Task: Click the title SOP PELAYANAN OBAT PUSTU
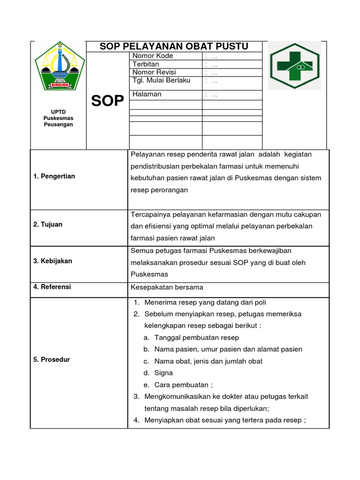click(x=174, y=46)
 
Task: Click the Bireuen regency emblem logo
click(x=58, y=66)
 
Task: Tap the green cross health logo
click(x=294, y=66)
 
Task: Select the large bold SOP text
click(x=107, y=101)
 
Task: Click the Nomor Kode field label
click(x=153, y=56)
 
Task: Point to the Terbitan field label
click(x=146, y=64)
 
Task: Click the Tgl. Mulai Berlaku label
click(x=161, y=81)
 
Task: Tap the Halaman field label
click(x=147, y=94)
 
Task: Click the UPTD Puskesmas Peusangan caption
click(x=58, y=119)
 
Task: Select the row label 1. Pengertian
click(x=54, y=176)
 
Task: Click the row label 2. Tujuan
click(x=48, y=225)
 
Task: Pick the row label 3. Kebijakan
click(x=52, y=261)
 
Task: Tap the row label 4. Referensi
click(x=52, y=287)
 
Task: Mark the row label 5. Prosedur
click(x=52, y=360)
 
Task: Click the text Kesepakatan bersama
click(x=167, y=287)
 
